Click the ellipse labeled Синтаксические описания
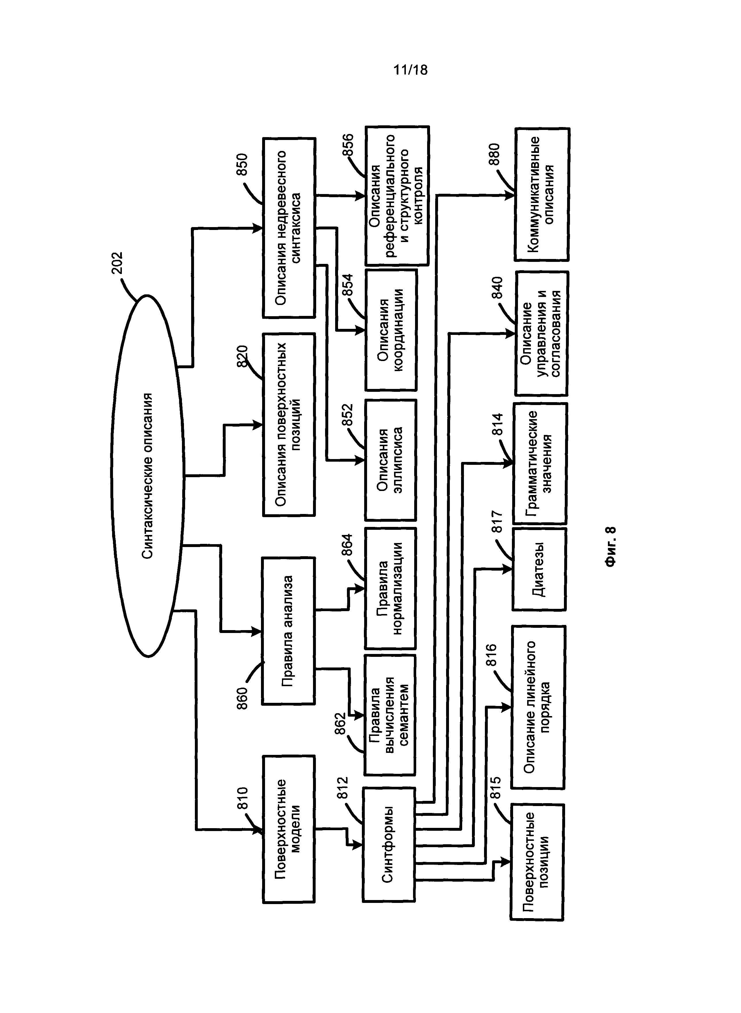147,475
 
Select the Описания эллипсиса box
390,460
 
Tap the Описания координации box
391,330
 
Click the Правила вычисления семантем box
389,715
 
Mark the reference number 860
242,698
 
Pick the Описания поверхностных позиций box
288,424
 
